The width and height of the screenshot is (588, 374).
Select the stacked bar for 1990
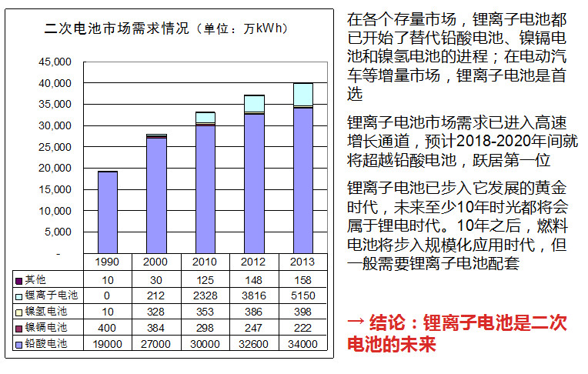[107, 212]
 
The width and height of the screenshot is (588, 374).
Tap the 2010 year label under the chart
[205, 262]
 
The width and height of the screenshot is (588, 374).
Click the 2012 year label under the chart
[254, 262]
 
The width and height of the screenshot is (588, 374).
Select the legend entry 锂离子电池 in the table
[52, 296]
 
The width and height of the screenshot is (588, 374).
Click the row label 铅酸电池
[47, 344]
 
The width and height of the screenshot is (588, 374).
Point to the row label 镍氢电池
[47, 312]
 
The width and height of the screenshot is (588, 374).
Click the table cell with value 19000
[107, 344]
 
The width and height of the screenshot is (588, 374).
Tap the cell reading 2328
[205, 296]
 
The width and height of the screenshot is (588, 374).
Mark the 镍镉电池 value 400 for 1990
[107, 328]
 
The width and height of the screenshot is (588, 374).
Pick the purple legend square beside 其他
[19, 279]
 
